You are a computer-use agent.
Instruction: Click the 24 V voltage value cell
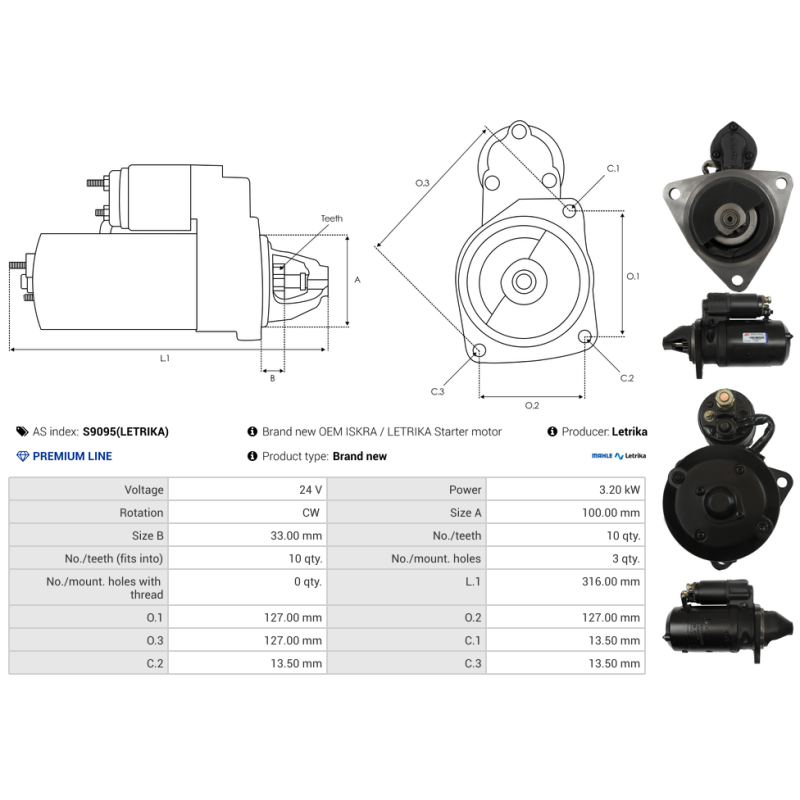(310, 490)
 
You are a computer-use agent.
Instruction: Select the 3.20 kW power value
(619, 490)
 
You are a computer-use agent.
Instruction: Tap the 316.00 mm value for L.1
(611, 582)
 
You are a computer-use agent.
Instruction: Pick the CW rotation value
(311, 513)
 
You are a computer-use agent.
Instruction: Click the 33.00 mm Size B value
(296, 536)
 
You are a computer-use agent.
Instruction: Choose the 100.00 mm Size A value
(611, 513)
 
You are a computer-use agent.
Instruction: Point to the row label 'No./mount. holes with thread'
(104, 588)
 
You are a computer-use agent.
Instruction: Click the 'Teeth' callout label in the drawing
(332, 218)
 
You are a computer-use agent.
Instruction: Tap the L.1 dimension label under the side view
(164, 358)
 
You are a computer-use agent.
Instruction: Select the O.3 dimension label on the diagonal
(422, 183)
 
